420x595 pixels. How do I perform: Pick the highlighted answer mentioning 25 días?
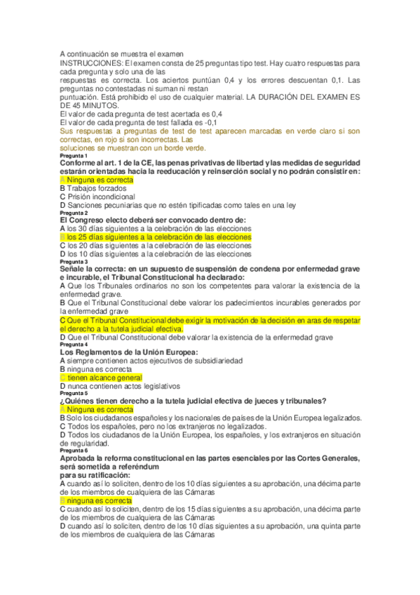[x=156, y=237]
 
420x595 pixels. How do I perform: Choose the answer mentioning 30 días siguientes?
[x=156, y=229]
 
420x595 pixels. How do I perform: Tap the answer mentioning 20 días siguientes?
[x=156, y=246]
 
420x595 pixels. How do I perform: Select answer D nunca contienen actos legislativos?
[x=120, y=386]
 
